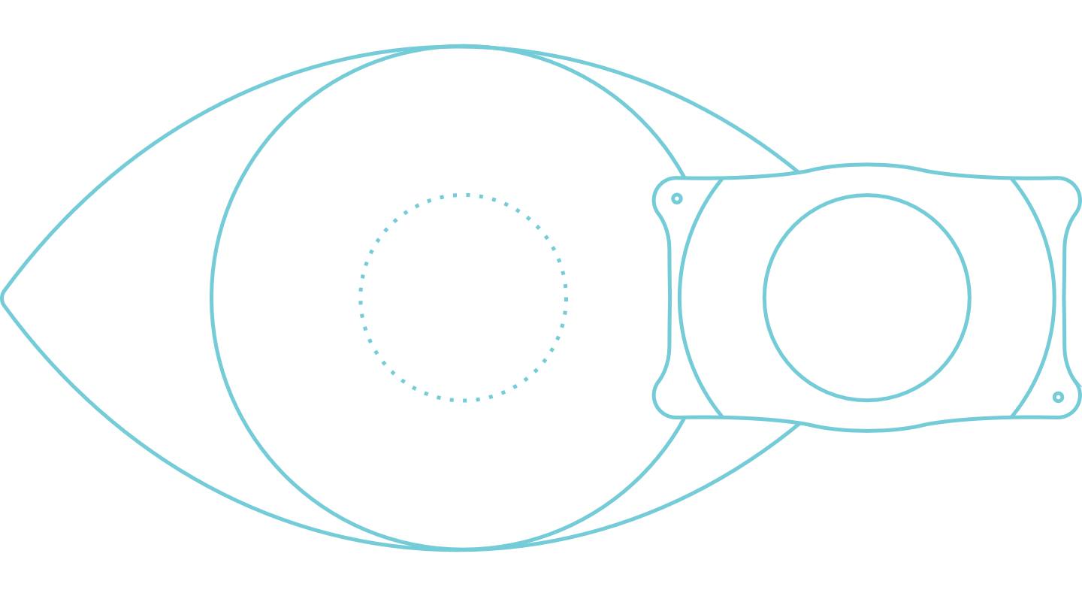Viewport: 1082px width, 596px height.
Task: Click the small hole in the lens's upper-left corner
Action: pyautogui.click(x=677, y=198)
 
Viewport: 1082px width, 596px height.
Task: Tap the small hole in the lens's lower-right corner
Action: pyautogui.click(x=1058, y=397)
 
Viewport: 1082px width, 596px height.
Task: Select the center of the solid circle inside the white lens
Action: pyautogui.click(x=867, y=298)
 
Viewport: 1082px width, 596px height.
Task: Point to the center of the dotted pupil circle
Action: pyautogui.click(x=464, y=298)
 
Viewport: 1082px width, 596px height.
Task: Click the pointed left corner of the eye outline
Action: pyautogui.click(x=4, y=295)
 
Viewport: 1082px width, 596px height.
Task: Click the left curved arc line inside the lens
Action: pyautogui.click(x=680, y=298)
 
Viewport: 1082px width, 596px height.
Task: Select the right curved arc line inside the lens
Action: pyautogui.click(x=1053, y=298)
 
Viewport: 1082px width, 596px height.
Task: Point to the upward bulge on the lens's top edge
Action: pyautogui.click(x=867, y=165)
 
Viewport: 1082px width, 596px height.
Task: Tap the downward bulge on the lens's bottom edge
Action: pyautogui.click(x=867, y=430)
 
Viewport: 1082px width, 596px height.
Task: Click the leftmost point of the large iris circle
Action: pyautogui.click(x=213, y=298)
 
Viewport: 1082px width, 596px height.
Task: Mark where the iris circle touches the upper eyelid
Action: pyautogui.click(x=462, y=47)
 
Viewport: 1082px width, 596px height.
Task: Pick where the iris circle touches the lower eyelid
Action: pyautogui.click(x=462, y=549)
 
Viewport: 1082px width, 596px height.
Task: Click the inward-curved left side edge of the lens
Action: pyautogui.click(x=668, y=298)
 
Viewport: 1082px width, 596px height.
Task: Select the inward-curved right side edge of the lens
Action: pyautogui.click(x=1065, y=298)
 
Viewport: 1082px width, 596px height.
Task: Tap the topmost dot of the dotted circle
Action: pyautogui.click(x=467, y=195)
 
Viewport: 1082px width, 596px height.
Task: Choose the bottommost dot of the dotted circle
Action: pyautogui.click(x=465, y=400)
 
